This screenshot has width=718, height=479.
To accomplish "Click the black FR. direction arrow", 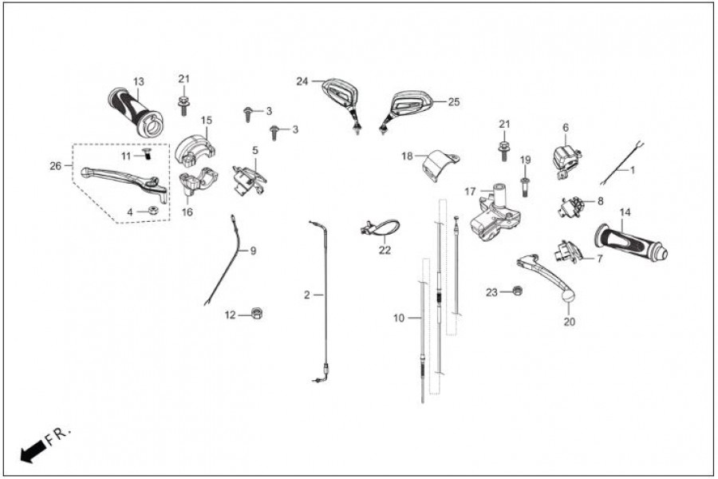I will (x=32, y=453).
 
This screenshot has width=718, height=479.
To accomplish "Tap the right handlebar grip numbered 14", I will (x=630, y=242).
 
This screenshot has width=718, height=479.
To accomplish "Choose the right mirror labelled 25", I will (x=410, y=104).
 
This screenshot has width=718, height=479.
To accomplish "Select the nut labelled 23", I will (x=516, y=291).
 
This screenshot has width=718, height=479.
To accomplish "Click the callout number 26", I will (x=55, y=167).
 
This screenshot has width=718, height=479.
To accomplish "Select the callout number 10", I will (x=399, y=318).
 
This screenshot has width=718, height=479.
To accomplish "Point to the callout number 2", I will (x=306, y=295).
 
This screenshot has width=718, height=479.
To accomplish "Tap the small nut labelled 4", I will (x=151, y=211).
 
